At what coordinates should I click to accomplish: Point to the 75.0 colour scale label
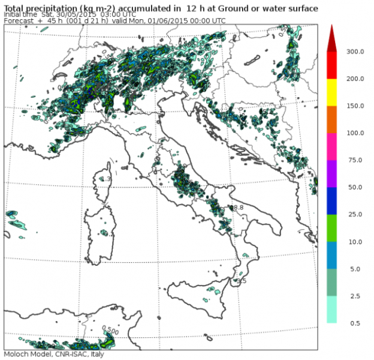coord(354,160)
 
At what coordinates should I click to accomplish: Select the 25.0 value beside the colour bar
coord(354,214)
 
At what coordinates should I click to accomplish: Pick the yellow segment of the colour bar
coord(332,92)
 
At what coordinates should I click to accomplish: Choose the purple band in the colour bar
coord(332,173)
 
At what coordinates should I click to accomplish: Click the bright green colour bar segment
coord(332,227)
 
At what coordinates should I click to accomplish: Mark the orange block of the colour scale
coord(332,119)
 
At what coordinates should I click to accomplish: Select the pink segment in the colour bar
coord(332,146)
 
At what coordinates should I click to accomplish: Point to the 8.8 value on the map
coord(237,208)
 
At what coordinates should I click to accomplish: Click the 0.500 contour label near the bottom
coord(110,329)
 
